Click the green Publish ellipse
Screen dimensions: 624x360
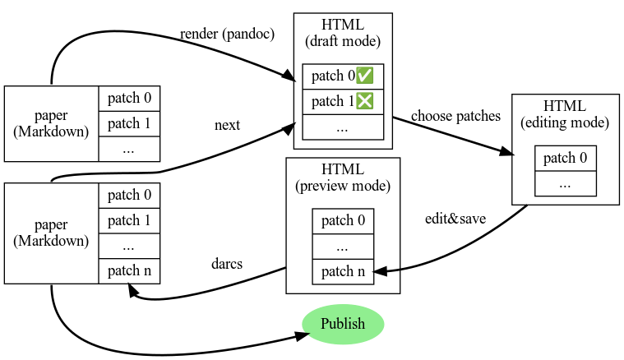click(343, 324)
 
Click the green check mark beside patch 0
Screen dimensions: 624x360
click(364, 76)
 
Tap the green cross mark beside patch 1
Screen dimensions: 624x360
click(364, 101)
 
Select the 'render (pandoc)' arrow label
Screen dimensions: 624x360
click(227, 35)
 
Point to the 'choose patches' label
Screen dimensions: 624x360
click(455, 116)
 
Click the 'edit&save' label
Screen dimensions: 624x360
click(455, 219)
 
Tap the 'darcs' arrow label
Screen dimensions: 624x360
click(227, 264)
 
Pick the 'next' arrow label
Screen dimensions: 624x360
click(227, 125)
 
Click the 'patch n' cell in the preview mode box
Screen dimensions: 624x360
click(343, 272)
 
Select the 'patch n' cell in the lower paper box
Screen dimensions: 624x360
click(129, 271)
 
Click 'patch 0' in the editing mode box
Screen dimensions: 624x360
click(566, 159)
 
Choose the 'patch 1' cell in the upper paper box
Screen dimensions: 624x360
click(129, 124)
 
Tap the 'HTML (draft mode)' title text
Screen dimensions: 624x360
click(343, 33)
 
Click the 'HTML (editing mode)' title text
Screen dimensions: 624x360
click(565, 114)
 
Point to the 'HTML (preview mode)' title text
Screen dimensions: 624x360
click(343, 178)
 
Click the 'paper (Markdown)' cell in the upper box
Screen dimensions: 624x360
click(51, 124)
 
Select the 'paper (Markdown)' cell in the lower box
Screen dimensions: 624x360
click(51, 233)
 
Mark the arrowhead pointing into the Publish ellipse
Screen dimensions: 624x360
click(302, 335)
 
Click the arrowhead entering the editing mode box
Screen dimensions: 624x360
click(506, 152)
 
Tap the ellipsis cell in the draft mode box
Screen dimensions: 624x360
click(343, 127)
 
